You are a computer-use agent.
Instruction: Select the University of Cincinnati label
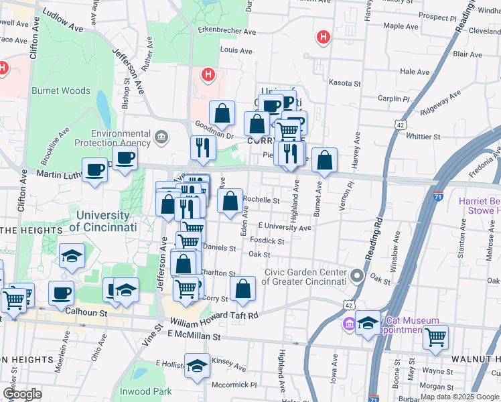point(102,221)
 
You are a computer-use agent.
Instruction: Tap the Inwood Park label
point(145,391)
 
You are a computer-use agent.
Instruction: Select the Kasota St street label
point(345,84)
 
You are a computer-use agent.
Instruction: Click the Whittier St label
point(423,137)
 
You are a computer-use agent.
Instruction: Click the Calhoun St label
point(86,312)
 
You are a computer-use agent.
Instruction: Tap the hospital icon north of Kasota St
point(324,37)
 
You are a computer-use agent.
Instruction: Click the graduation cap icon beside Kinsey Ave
point(196,366)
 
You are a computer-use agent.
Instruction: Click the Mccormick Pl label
point(234,385)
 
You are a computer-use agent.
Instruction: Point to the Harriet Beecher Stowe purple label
point(479,206)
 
